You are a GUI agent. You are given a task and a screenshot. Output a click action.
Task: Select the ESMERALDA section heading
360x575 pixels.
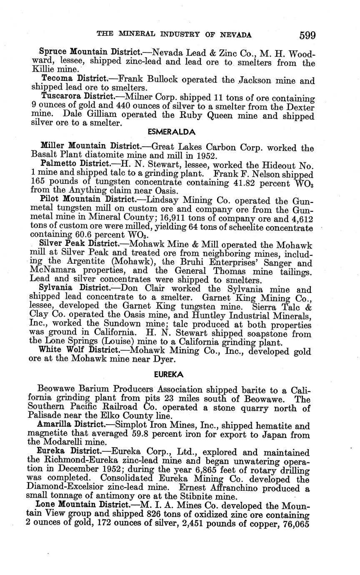point(172,132)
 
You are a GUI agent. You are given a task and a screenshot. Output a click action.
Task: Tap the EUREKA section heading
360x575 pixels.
point(172,375)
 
